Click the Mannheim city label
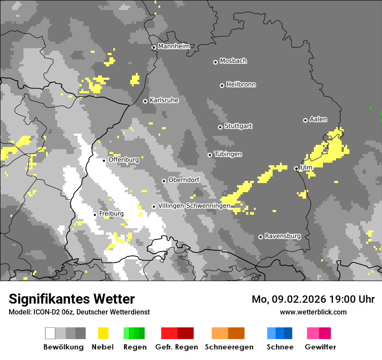tap(174, 46)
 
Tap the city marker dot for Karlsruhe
tap(145, 101)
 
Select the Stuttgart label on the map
tap(238, 126)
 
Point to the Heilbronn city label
tap(241, 85)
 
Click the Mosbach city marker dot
tap(215, 62)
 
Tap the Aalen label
tap(318, 119)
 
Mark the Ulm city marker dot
tap(296, 168)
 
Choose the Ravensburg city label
tap(283, 236)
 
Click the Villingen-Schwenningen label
tap(194, 206)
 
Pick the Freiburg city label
tap(111, 214)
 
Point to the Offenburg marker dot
tap(104, 160)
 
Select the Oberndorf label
tap(184, 180)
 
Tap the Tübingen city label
tap(228, 154)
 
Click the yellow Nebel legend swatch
tap(103, 333)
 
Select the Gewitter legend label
tap(320, 347)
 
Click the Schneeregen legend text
tap(229, 347)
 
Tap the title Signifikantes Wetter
tap(72, 299)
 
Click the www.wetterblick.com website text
tap(313, 312)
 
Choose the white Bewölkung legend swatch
tap(50, 333)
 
